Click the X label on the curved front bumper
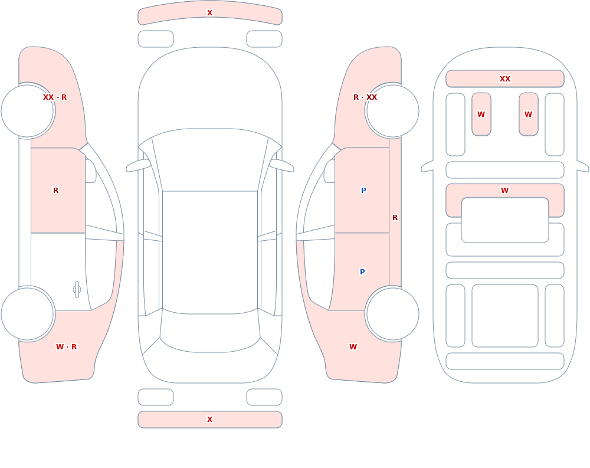point(209,13)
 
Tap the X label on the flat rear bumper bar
point(209,420)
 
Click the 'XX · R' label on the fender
point(55,97)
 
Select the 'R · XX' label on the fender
point(365,97)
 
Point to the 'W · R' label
point(66,347)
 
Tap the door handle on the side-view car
point(77,290)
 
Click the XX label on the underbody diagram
point(505,78)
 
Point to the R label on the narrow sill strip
point(395,218)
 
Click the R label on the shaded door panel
point(55,191)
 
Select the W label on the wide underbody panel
point(505,191)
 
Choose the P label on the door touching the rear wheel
point(362,272)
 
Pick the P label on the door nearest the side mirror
point(363,191)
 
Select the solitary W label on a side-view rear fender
point(353,347)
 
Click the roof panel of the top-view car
point(210,252)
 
